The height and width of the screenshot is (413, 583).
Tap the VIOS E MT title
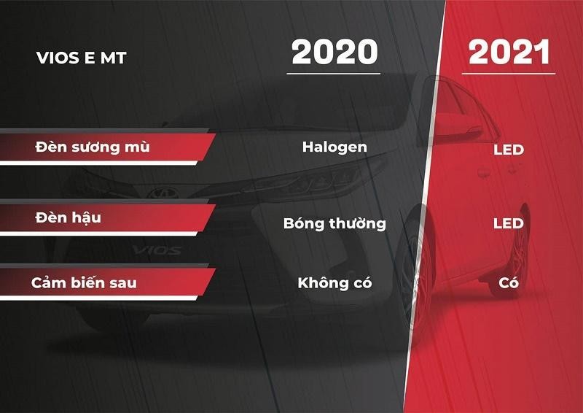(81, 58)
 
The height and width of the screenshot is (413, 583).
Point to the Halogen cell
(334, 147)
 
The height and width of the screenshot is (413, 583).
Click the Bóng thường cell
(334, 223)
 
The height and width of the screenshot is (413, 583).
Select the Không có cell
(334, 282)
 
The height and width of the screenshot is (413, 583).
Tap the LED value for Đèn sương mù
(508, 150)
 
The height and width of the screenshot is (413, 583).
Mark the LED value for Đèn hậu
(508, 223)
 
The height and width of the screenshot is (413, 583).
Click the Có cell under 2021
(509, 282)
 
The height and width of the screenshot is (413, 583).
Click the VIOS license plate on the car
(157, 250)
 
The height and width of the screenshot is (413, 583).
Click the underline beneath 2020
(334, 73)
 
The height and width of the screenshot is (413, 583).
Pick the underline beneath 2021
(509, 73)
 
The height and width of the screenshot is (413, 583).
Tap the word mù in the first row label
(136, 147)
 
